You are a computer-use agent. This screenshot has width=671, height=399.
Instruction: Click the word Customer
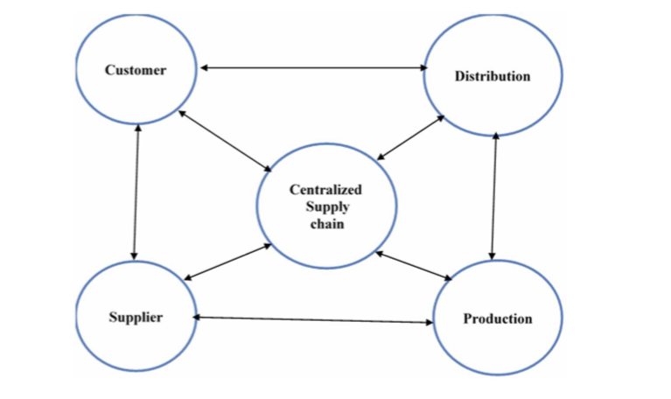click(135, 70)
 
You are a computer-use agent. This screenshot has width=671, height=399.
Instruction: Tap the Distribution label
click(492, 76)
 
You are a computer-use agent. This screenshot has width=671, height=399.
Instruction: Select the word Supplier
click(135, 317)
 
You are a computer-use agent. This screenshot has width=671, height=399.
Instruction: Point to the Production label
click(497, 318)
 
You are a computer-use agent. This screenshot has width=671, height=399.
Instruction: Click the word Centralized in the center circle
click(325, 189)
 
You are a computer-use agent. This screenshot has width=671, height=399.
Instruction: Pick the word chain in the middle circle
click(325, 224)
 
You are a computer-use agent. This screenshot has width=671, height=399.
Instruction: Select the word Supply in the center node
click(326, 206)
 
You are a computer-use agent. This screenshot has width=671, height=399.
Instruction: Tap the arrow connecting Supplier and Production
click(312, 319)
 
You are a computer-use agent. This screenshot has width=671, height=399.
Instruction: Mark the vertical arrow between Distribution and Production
click(494, 196)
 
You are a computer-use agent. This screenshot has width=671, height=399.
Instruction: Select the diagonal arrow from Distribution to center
click(410, 137)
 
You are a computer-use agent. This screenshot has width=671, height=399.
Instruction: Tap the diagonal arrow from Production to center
click(413, 265)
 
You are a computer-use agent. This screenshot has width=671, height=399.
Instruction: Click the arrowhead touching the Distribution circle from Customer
click(423, 67)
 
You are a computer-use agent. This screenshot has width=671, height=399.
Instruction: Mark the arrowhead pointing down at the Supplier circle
click(134, 255)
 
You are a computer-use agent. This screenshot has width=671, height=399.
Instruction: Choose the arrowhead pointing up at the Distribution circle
click(496, 135)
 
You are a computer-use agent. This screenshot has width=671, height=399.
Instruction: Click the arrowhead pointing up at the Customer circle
click(137, 127)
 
